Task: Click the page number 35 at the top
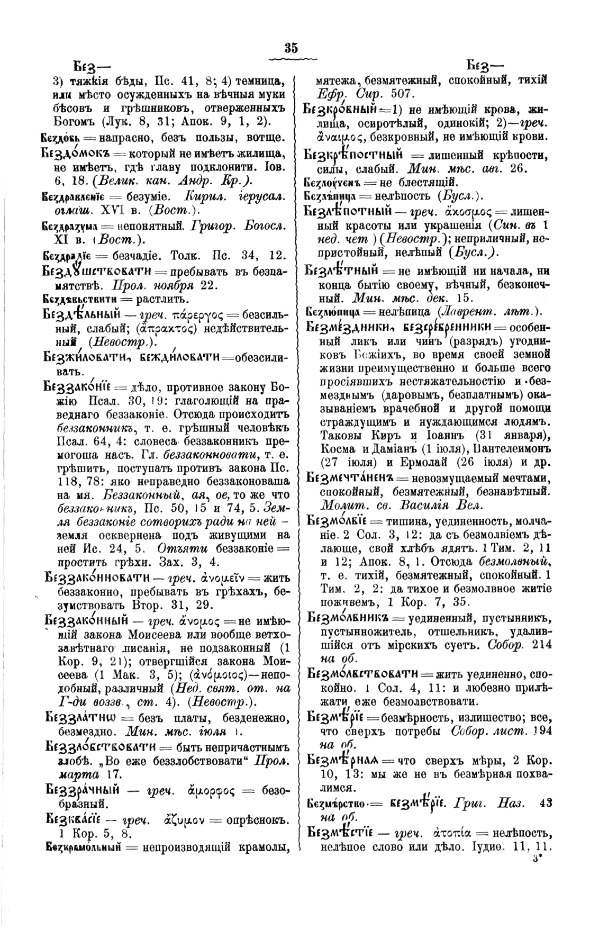tap(291, 48)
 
